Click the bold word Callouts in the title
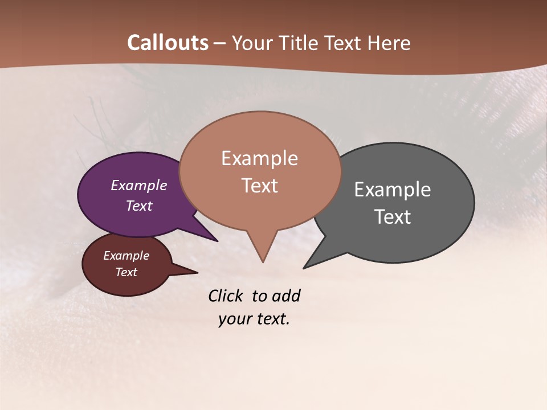tap(168, 43)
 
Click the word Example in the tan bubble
tap(259, 158)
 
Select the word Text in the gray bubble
tap(393, 217)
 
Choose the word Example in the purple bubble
tap(139, 186)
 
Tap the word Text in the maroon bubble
tap(126, 272)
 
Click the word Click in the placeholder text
tap(225, 296)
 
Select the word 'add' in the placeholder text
tap(286, 296)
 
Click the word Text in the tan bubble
tap(260, 186)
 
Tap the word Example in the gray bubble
tap(393, 190)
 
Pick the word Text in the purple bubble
tap(139, 206)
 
